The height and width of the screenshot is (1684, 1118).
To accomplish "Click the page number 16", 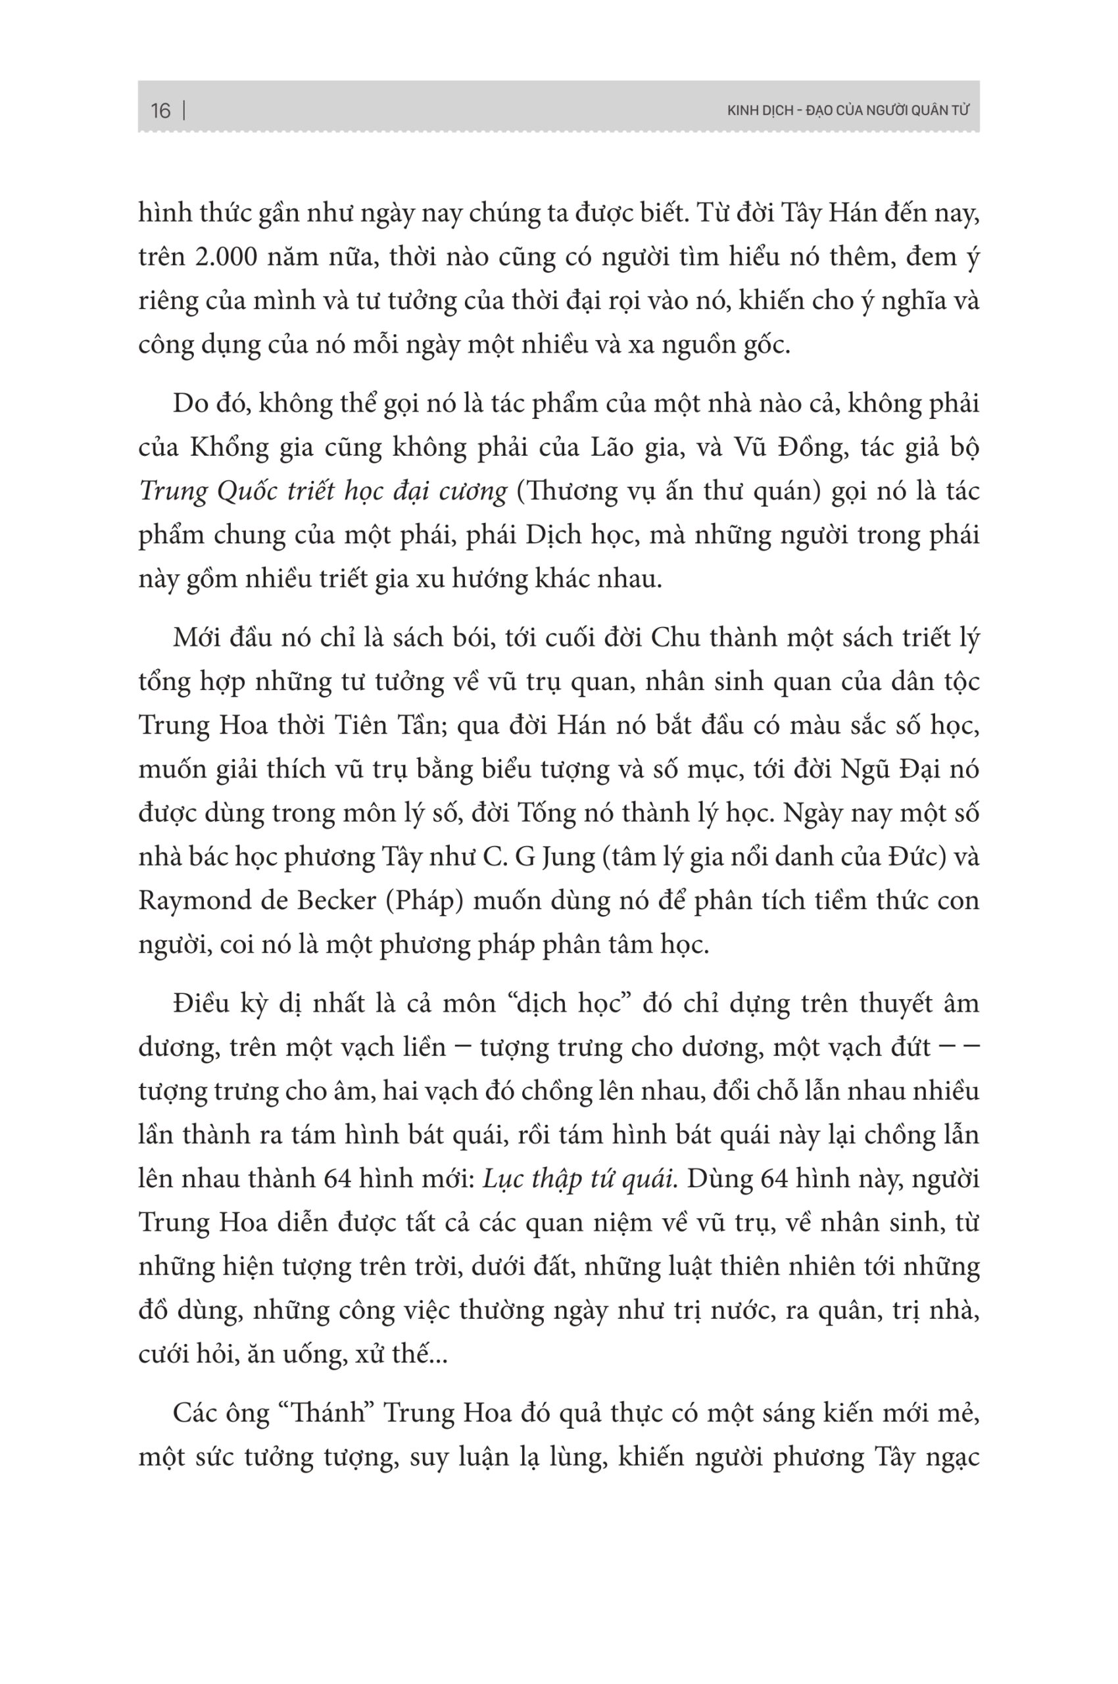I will coord(160,111).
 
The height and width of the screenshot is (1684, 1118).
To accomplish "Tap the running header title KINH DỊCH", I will coord(761,111).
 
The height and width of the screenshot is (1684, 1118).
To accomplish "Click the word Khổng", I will coord(226,449).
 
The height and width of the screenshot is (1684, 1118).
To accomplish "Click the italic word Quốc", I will coord(247,492).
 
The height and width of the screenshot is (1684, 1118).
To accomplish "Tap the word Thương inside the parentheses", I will coord(571,492).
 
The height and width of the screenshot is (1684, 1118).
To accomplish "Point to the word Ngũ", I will coord(862,770).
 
